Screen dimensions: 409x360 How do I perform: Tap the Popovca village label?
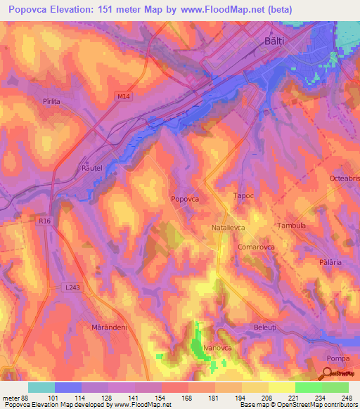(185, 200)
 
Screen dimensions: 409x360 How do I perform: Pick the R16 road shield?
(46, 221)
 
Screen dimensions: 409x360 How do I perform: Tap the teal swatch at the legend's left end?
(41, 387)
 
